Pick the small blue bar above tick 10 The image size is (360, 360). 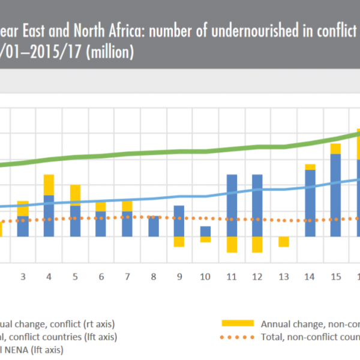coord(205,231)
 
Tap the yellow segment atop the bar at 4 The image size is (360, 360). coord(49,185)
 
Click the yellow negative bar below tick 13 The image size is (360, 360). coord(283,242)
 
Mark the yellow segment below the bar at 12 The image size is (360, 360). coord(257,244)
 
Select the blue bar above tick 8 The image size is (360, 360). coord(153,226)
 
